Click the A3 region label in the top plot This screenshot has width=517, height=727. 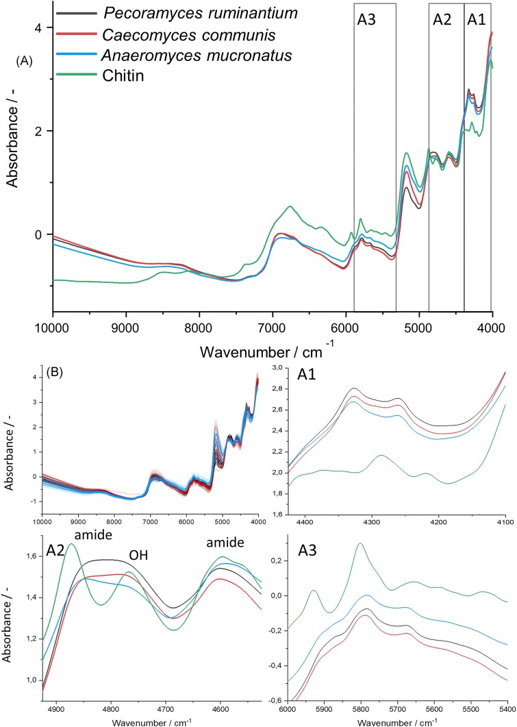367,20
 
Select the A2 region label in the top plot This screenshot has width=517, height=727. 443,20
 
